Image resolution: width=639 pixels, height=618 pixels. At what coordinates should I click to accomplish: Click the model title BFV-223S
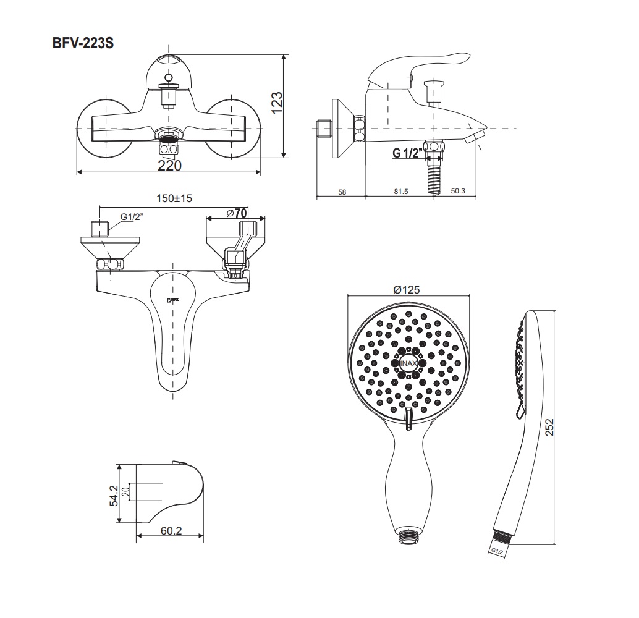82,43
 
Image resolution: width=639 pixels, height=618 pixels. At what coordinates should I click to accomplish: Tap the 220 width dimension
169,166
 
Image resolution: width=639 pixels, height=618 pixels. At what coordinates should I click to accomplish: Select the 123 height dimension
277,103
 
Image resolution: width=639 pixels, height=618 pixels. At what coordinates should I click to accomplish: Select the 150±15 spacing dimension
174,198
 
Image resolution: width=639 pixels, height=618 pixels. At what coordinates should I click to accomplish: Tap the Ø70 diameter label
237,213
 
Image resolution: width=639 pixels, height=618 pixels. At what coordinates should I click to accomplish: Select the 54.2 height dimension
112,494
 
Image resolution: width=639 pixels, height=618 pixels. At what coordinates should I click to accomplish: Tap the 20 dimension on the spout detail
125,491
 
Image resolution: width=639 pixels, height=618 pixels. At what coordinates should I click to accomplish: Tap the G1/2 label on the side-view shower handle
496,550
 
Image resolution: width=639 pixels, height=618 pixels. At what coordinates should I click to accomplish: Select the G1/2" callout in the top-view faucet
130,217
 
